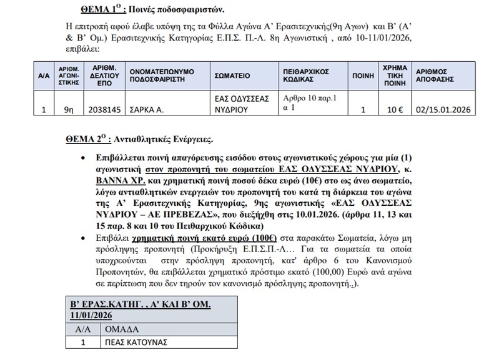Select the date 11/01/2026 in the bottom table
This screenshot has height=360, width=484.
click(x=94, y=315)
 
